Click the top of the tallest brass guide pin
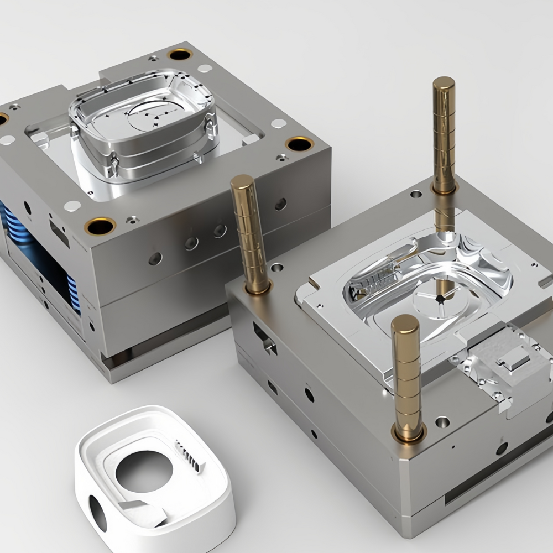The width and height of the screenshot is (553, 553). pos(444,84)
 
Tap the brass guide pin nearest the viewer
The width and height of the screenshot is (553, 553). pos(407,376)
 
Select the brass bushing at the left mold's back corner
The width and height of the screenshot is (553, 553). pos(180,54)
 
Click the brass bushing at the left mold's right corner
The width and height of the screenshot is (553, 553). pos(300,145)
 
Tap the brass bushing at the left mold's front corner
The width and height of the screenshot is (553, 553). pos(100,226)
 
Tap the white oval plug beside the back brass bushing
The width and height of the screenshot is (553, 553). pos(205,69)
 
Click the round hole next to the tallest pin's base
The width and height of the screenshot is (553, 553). pos(416,194)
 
